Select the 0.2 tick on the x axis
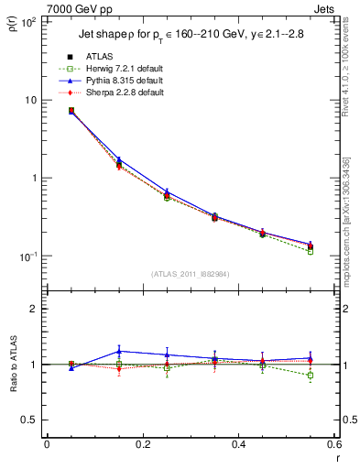point(142,445)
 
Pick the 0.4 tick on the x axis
point(238,445)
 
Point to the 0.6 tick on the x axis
point(333,445)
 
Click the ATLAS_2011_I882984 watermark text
point(191,273)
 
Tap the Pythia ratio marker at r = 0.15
point(119,351)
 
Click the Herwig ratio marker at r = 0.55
point(311,376)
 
